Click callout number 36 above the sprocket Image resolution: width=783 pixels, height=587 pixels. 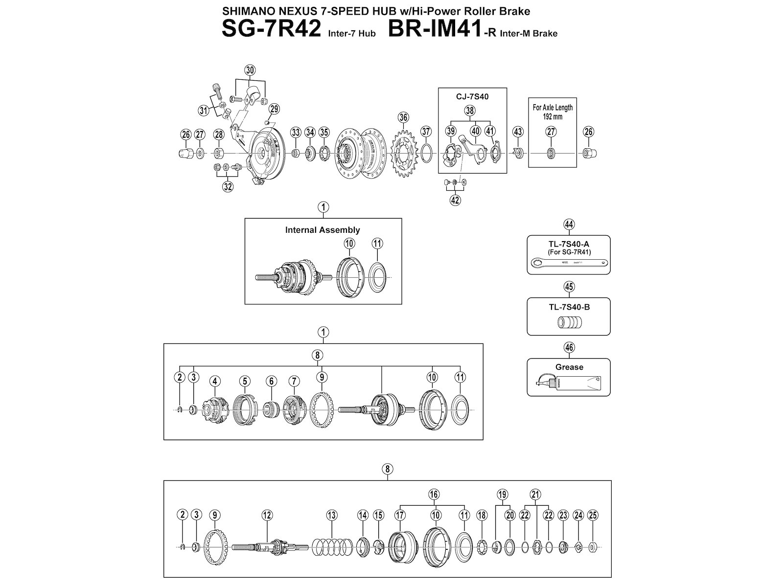pyautogui.click(x=403, y=117)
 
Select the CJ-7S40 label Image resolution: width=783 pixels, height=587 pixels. pyautogui.click(x=472, y=96)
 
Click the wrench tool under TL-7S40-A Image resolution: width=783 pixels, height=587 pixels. pyautogui.click(x=569, y=264)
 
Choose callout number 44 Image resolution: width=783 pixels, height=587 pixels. pyautogui.click(x=569, y=225)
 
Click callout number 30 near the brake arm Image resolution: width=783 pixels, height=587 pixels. pyautogui.click(x=250, y=70)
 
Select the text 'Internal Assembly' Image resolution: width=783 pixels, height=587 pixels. pyautogui.click(x=322, y=230)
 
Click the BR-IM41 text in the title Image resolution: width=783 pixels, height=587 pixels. pyautogui.click(x=431, y=29)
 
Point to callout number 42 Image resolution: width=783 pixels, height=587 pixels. pyautogui.click(x=455, y=200)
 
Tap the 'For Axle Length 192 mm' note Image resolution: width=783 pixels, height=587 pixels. pyautogui.click(x=553, y=112)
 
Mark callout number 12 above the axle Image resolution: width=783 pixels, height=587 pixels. pyautogui.click(x=267, y=515)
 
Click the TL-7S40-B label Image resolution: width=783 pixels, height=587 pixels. pyautogui.click(x=569, y=307)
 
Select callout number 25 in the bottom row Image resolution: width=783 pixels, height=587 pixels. pyautogui.click(x=593, y=515)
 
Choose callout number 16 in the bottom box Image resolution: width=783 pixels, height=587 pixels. pyautogui.click(x=434, y=494)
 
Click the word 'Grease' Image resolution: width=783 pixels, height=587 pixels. pyautogui.click(x=569, y=367)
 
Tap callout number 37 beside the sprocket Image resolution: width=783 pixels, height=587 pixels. pyautogui.click(x=426, y=131)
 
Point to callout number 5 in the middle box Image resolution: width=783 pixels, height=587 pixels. pyautogui.click(x=245, y=381)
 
